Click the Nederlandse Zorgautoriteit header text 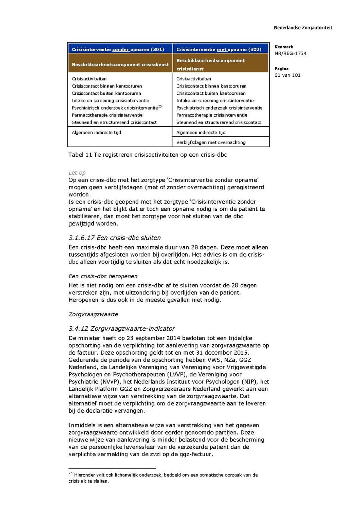tap(303, 28)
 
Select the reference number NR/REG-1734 tap(290, 54)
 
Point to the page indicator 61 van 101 tap(288, 75)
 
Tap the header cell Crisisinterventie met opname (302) tap(219, 50)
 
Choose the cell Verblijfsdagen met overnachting tap(211, 142)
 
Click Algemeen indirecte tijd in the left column tap(96, 132)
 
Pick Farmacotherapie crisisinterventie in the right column tap(212, 115)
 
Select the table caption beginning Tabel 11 tap(148, 155)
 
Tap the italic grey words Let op tap(77, 173)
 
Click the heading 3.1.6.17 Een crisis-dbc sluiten tap(114, 238)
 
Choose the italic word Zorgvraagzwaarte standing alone tap(93, 314)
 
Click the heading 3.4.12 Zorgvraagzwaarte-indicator tap(122, 329)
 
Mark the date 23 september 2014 tap(151, 338)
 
